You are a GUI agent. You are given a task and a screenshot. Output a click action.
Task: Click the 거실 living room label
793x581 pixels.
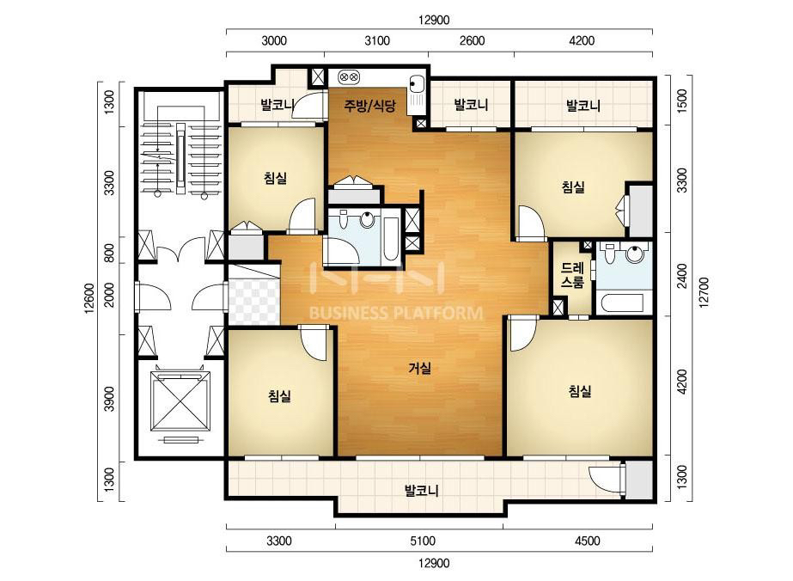tap(420, 369)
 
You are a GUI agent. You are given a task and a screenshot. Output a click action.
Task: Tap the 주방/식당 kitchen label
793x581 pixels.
tap(369, 105)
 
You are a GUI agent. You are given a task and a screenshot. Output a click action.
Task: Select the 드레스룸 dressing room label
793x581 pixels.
tap(572, 275)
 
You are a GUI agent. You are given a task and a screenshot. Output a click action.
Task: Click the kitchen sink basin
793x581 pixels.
tap(417, 83)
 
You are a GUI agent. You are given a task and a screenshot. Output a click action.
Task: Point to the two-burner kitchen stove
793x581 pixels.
tap(349, 77)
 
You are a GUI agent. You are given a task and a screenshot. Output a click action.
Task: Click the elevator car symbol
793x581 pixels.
tap(180, 402)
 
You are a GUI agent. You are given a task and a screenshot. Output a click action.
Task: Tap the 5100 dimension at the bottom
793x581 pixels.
tap(423, 541)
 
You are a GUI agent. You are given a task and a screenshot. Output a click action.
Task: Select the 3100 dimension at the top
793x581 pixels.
tap(377, 40)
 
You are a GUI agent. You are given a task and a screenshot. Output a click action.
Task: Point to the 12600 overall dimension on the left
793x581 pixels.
tap(89, 298)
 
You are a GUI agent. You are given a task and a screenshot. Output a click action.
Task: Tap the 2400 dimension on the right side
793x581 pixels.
tap(682, 276)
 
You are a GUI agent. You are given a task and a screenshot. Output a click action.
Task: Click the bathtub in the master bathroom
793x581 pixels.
tap(620, 303)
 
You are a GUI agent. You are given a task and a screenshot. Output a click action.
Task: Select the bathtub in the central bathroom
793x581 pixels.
tap(391, 237)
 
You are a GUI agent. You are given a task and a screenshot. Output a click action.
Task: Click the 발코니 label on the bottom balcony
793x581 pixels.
tap(421, 491)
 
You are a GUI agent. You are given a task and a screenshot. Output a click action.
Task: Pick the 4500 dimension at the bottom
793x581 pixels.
tap(587, 541)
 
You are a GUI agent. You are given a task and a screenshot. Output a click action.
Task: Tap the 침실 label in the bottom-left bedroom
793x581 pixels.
tap(280, 395)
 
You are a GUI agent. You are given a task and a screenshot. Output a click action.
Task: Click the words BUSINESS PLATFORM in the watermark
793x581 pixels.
tap(395, 313)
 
